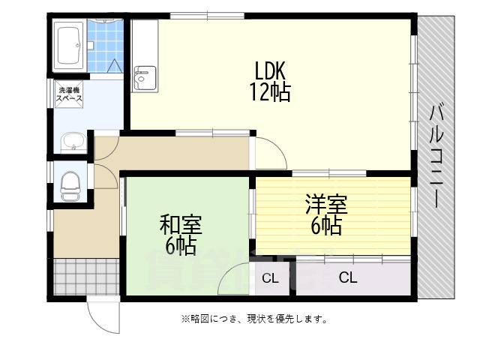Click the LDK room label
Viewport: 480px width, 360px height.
(271, 71)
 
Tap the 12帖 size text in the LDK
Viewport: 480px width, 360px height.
(271, 93)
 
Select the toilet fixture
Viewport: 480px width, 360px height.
(70, 184)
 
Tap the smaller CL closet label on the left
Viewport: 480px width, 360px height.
(270, 279)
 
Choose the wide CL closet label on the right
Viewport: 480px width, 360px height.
(348, 278)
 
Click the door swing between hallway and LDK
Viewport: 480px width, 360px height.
(270, 154)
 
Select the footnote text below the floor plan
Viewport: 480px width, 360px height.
(253, 319)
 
